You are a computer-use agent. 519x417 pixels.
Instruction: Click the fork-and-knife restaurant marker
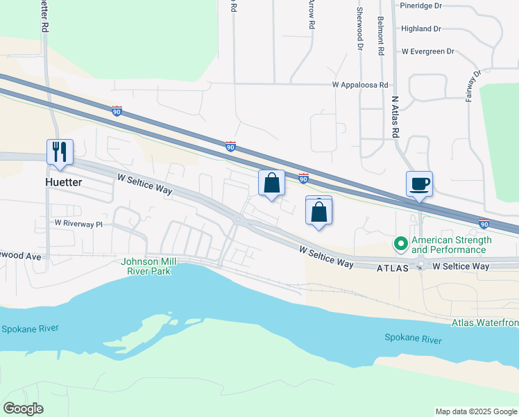click(60, 152)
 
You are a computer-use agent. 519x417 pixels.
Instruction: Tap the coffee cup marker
click(419, 184)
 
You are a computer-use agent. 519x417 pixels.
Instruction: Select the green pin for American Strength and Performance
click(400, 244)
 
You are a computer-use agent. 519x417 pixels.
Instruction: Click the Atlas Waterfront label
click(484, 322)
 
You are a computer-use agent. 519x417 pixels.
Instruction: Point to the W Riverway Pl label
click(78, 224)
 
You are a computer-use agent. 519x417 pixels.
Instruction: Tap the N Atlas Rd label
click(395, 116)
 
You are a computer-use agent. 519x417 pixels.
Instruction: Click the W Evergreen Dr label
click(427, 51)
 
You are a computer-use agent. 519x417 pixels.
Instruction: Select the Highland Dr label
click(421, 28)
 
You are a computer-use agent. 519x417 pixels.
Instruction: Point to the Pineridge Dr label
click(421, 6)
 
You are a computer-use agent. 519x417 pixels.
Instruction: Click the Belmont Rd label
click(381, 36)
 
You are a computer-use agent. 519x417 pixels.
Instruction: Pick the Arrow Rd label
click(312, 14)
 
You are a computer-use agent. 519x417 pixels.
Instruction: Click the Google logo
click(24, 409)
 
